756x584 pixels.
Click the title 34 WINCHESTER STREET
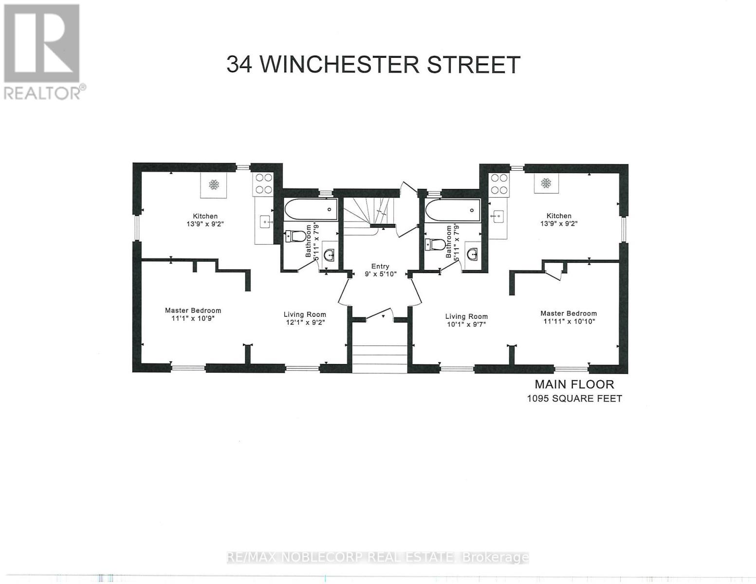click(x=373, y=64)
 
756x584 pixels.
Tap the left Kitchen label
click(x=205, y=220)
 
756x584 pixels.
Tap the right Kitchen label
click(x=558, y=219)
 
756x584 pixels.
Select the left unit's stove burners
click(x=263, y=183)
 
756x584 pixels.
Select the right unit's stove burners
click(x=499, y=183)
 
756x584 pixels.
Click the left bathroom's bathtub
click(x=310, y=210)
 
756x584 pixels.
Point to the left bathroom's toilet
click(x=295, y=237)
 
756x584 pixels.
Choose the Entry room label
click(x=380, y=270)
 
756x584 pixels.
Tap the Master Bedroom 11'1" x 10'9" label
click(x=193, y=314)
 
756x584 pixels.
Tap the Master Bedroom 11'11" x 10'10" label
click(x=568, y=317)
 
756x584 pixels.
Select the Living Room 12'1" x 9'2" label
click(x=305, y=318)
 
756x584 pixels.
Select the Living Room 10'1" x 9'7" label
click(x=466, y=320)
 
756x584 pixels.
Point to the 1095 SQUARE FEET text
click(x=574, y=399)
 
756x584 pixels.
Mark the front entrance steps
click(x=379, y=358)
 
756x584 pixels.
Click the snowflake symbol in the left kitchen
click(x=213, y=185)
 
